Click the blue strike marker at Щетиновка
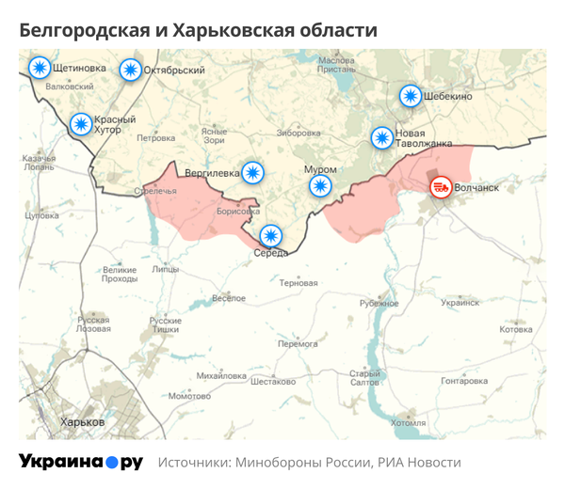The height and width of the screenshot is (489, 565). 40,68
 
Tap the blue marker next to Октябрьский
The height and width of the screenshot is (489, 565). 130,70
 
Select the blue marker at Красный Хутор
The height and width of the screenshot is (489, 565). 82,124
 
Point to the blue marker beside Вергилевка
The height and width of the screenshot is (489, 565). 252,172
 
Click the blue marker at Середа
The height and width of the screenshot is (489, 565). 271,235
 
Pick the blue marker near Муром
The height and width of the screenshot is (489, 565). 321,185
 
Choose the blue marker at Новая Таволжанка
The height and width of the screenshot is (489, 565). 381,138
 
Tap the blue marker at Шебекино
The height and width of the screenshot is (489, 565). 410,96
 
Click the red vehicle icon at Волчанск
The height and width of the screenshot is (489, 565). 440,187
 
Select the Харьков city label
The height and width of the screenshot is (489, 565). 82,422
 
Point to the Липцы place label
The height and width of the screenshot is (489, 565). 165,269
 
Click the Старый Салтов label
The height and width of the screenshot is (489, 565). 364,378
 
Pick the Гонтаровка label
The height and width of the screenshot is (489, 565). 464,381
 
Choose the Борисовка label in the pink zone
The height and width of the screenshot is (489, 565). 237,213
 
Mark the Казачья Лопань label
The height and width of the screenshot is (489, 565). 39,163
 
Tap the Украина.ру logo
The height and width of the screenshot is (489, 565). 81,462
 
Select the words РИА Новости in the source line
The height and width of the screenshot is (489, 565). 419,463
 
